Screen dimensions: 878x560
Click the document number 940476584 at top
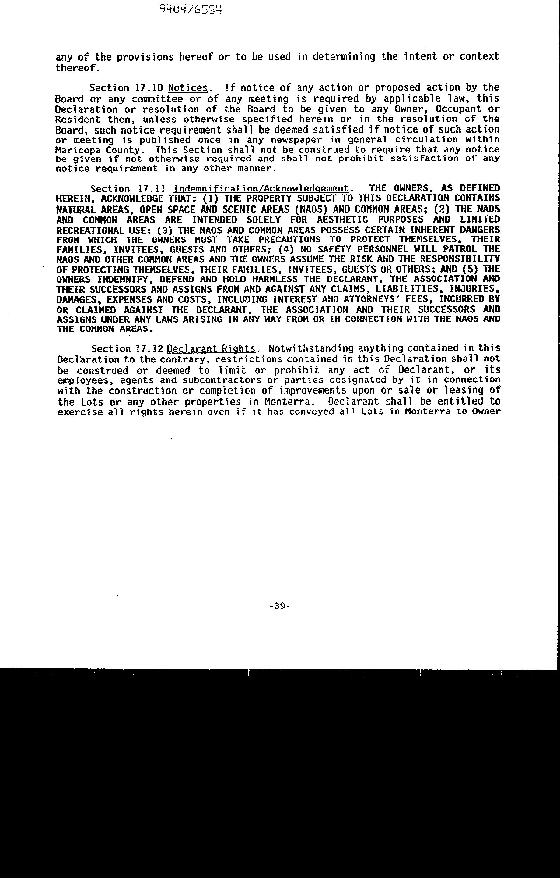(191, 9)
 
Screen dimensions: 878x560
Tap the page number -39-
(280, 606)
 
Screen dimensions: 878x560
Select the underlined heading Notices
(188, 88)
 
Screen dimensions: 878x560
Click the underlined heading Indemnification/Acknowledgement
(261, 188)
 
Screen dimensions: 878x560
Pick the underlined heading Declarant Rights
(211, 348)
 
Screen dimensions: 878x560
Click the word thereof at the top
(76, 68)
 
